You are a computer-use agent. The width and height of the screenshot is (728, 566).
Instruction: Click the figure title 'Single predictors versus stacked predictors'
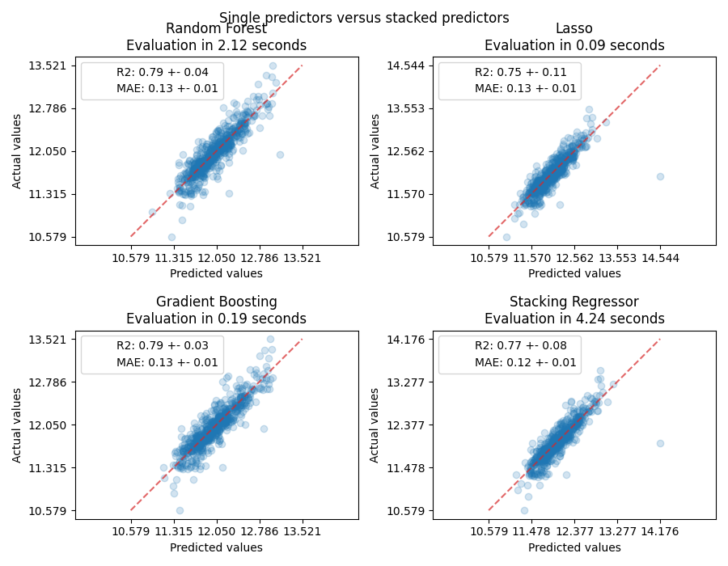click(x=364, y=18)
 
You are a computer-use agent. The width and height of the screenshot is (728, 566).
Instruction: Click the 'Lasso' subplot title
click(x=574, y=29)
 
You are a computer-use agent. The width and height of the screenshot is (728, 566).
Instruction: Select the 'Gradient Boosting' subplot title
click(x=216, y=302)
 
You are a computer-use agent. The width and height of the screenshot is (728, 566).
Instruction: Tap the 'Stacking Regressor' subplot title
click(x=574, y=302)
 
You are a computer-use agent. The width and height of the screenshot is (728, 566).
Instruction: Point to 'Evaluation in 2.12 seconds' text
click(x=216, y=45)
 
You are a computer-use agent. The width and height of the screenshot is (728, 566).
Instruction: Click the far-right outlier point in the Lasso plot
click(x=660, y=176)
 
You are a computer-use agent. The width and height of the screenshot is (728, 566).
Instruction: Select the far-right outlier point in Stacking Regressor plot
click(x=660, y=443)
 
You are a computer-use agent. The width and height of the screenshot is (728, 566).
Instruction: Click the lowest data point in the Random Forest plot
click(x=171, y=237)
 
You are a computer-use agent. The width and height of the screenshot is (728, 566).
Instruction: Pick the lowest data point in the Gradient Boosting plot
click(x=180, y=510)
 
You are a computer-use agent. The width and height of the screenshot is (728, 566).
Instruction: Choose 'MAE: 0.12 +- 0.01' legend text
click(x=525, y=362)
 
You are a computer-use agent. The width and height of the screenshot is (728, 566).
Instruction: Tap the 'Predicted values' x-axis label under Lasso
click(x=574, y=274)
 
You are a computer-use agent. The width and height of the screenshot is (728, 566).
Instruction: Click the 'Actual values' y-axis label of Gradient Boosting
click(x=18, y=424)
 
